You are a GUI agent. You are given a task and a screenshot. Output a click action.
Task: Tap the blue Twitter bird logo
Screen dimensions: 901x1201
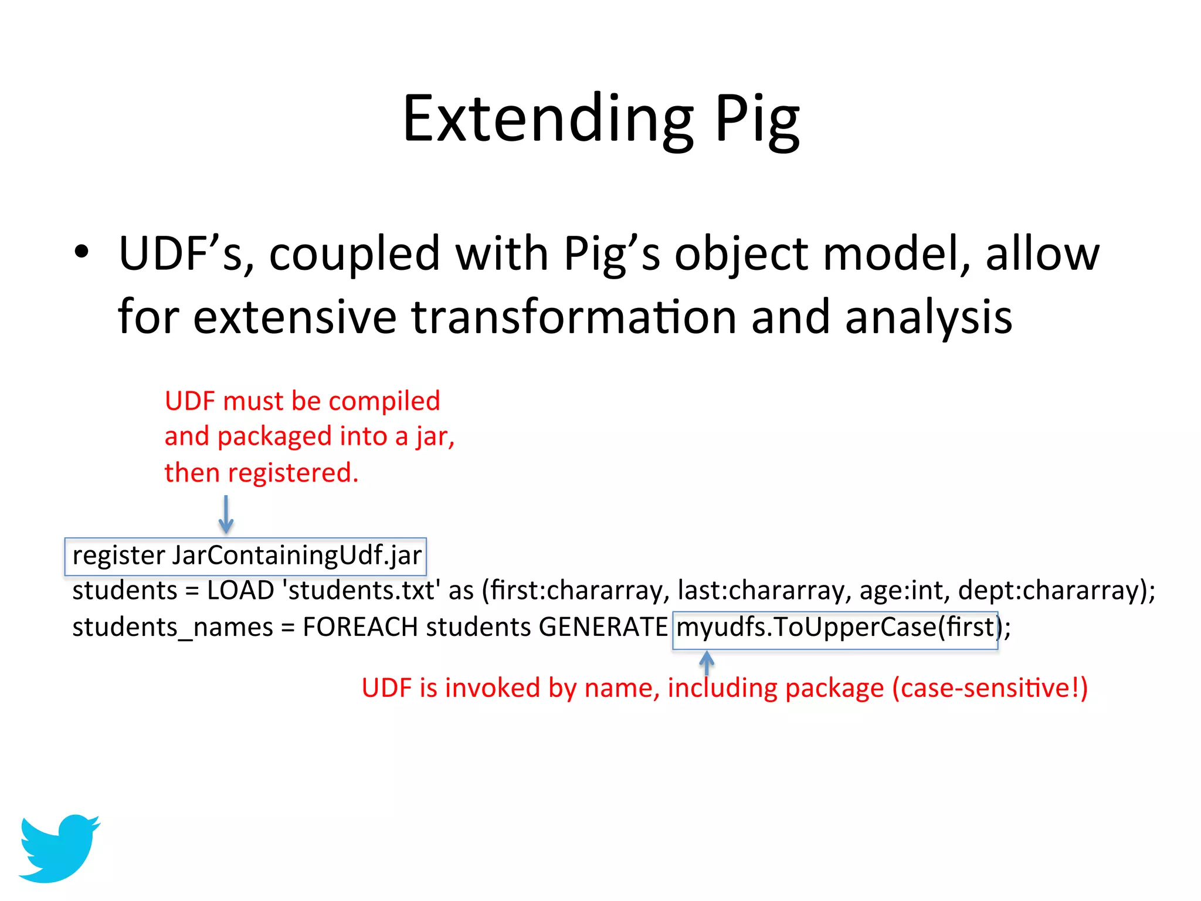pos(59,848)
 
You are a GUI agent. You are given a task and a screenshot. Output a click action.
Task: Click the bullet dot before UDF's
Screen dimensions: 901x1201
pos(82,252)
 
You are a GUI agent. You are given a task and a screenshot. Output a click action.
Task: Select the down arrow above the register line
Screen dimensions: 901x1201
pos(226,514)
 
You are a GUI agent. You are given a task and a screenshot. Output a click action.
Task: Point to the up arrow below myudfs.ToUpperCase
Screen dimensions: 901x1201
pos(707,663)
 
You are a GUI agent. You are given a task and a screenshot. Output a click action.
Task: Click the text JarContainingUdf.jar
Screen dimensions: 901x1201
pos(297,555)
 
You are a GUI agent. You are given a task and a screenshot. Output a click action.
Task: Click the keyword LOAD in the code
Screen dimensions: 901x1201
pos(240,591)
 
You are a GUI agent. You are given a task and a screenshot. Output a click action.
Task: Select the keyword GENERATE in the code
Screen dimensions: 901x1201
pos(603,627)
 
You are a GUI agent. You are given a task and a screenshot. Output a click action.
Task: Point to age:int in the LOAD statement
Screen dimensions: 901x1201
pos(904,591)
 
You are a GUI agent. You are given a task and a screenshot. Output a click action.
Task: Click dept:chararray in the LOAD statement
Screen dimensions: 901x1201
pos(1052,591)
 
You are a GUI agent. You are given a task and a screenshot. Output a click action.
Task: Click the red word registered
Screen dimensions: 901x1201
pos(293,473)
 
